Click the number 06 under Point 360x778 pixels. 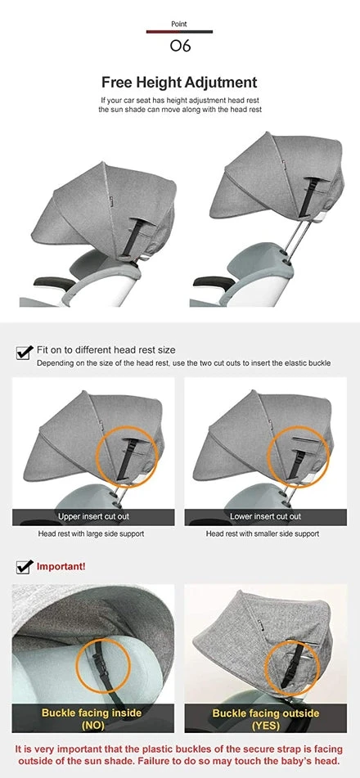point(180,46)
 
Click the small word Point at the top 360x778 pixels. point(179,24)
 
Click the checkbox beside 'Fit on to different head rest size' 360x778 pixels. point(25,353)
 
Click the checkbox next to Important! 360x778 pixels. point(25,566)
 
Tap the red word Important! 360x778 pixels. point(61,566)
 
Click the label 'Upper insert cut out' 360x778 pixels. point(93,516)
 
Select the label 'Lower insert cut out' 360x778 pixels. point(266,516)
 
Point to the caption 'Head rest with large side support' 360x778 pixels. point(92,534)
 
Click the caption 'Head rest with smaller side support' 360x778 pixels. point(263,534)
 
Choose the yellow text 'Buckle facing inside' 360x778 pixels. point(92,713)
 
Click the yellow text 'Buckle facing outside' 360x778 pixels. point(266,713)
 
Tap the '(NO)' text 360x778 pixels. point(92,726)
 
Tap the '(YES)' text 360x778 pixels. point(266,726)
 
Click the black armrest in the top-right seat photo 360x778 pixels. point(214,282)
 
